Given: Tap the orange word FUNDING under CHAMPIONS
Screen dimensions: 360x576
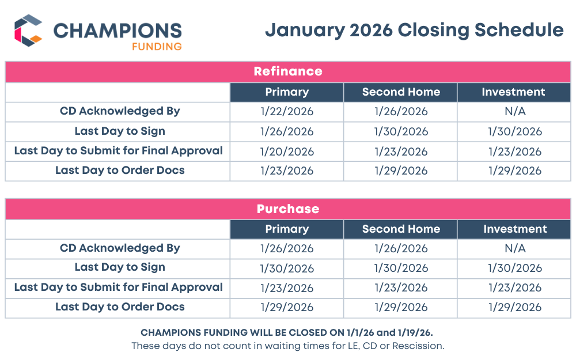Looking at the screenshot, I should (x=157, y=46).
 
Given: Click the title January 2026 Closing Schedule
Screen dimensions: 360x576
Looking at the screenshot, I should (x=414, y=30).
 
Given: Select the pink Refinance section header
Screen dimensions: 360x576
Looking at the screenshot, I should (x=287, y=71).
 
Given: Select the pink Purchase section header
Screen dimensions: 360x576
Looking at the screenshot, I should (x=287, y=209).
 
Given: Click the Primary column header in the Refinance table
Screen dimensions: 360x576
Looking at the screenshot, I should (x=287, y=92).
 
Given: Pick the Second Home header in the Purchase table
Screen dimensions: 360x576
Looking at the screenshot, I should (x=401, y=229).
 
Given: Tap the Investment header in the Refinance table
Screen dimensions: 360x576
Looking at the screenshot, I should (x=513, y=92).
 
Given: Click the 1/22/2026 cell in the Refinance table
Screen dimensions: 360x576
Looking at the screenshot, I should (x=287, y=112).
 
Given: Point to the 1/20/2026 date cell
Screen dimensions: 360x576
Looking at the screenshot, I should (x=287, y=151).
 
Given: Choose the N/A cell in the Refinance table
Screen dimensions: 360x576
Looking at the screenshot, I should (x=513, y=112).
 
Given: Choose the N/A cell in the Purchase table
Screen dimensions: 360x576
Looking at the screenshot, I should (x=513, y=249).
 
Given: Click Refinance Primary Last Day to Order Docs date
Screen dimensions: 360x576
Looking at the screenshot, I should (x=287, y=171).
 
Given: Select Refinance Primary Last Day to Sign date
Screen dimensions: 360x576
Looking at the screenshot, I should (x=287, y=132).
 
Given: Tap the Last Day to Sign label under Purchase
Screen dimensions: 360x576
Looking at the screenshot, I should (x=120, y=268).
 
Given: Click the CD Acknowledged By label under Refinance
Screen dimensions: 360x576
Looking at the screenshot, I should (x=120, y=111).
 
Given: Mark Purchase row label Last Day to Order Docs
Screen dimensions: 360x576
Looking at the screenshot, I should (x=120, y=307).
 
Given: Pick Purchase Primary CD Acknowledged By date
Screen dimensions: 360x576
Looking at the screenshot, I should (x=287, y=249).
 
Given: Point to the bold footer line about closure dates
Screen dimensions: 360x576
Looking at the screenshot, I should (x=287, y=333).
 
